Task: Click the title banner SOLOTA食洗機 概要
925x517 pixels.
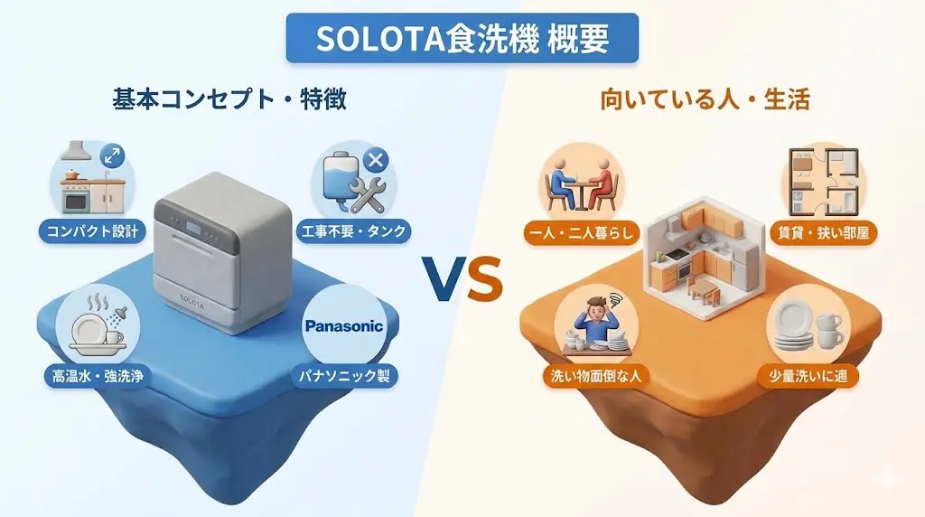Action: click(x=462, y=38)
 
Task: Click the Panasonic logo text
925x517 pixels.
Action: click(x=344, y=326)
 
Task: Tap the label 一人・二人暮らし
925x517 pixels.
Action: click(x=582, y=232)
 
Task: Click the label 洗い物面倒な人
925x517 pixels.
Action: click(x=592, y=375)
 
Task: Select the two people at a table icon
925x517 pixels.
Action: click(x=580, y=180)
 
